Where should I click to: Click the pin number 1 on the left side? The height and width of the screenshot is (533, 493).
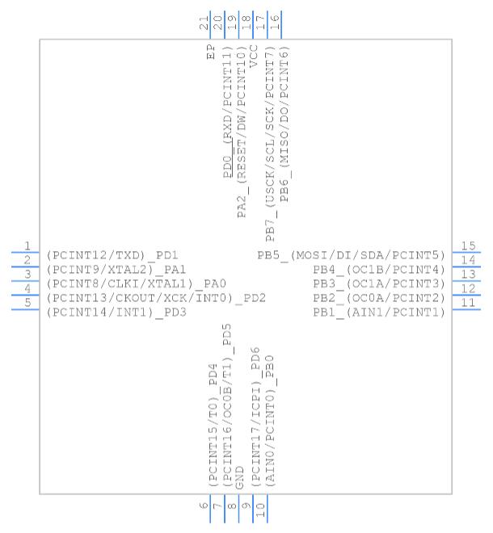[x=27, y=246]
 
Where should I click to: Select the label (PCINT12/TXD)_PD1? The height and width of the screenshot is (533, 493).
[x=112, y=255]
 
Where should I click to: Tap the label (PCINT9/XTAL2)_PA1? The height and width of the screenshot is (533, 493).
[x=116, y=270]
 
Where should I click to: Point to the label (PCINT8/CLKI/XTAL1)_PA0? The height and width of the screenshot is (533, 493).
[x=137, y=283]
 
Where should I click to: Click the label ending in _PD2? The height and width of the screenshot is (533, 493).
[x=156, y=298]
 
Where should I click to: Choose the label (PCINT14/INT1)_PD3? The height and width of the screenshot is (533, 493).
[x=116, y=313]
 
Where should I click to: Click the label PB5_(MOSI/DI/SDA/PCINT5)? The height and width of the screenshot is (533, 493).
[x=351, y=255]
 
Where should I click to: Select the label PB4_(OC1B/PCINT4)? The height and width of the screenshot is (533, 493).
[x=379, y=270]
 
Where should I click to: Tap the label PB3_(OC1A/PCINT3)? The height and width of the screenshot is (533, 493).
[x=379, y=283]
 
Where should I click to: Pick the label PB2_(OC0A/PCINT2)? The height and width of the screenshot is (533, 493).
[x=379, y=298]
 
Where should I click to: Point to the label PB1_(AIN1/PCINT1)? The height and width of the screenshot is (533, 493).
[x=379, y=313]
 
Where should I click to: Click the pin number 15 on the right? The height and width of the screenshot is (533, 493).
[x=468, y=246]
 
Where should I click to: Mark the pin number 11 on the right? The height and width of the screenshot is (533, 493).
[x=468, y=303]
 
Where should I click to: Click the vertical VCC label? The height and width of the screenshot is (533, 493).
[x=254, y=56]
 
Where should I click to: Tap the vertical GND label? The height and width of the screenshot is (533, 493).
[x=239, y=477]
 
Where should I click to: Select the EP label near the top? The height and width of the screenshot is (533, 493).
[x=211, y=52]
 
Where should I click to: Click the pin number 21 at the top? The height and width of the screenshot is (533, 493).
[x=204, y=23]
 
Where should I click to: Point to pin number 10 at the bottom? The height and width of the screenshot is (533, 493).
[x=260, y=510]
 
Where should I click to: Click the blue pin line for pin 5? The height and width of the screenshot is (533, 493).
[x=25, y=309]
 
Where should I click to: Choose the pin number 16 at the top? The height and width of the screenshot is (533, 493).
[x=275, y=22]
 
